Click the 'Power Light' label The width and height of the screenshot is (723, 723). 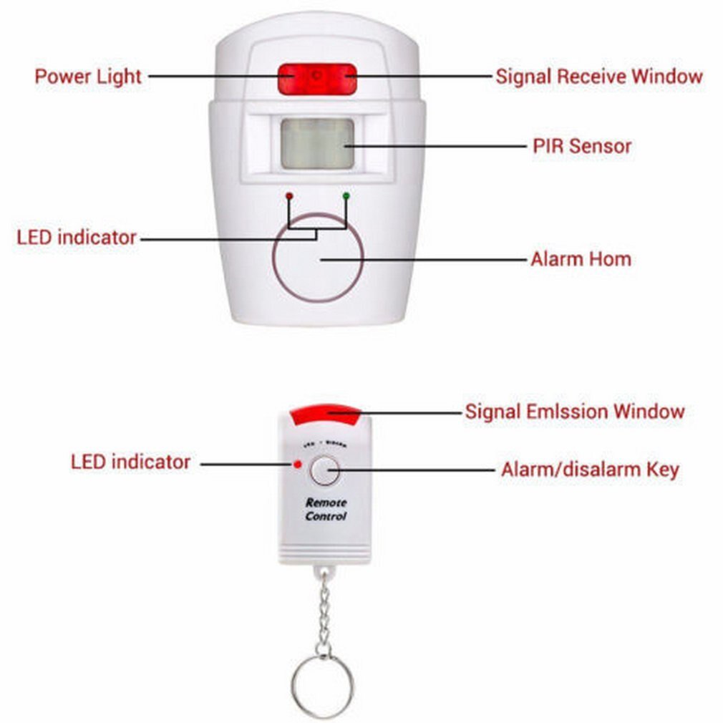tap(88, 77)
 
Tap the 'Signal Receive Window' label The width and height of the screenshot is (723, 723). tap(598, 77)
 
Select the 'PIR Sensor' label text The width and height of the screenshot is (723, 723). tap(581, 146)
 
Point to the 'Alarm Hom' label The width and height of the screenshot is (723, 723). tap(581, 258)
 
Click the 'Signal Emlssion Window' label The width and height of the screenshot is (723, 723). tap(575, 412)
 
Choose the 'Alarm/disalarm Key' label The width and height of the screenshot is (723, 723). tap(590, 470)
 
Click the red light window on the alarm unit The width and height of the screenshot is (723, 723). tap(317, 79)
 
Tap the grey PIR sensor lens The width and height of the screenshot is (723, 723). tap(317, 144)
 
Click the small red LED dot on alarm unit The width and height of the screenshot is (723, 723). tap(288, 195)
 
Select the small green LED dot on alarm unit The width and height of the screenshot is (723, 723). tap(346, 195)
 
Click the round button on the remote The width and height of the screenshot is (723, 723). tap(324, 470)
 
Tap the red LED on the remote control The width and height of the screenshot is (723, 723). tap(296, 464)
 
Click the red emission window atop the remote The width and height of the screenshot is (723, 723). tap(325, 411)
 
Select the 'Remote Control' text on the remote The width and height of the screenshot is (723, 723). tap(326, 510)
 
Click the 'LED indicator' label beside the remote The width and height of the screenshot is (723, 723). tap(130, 462)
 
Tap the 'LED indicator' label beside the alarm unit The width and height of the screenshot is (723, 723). tap(77, 237)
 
